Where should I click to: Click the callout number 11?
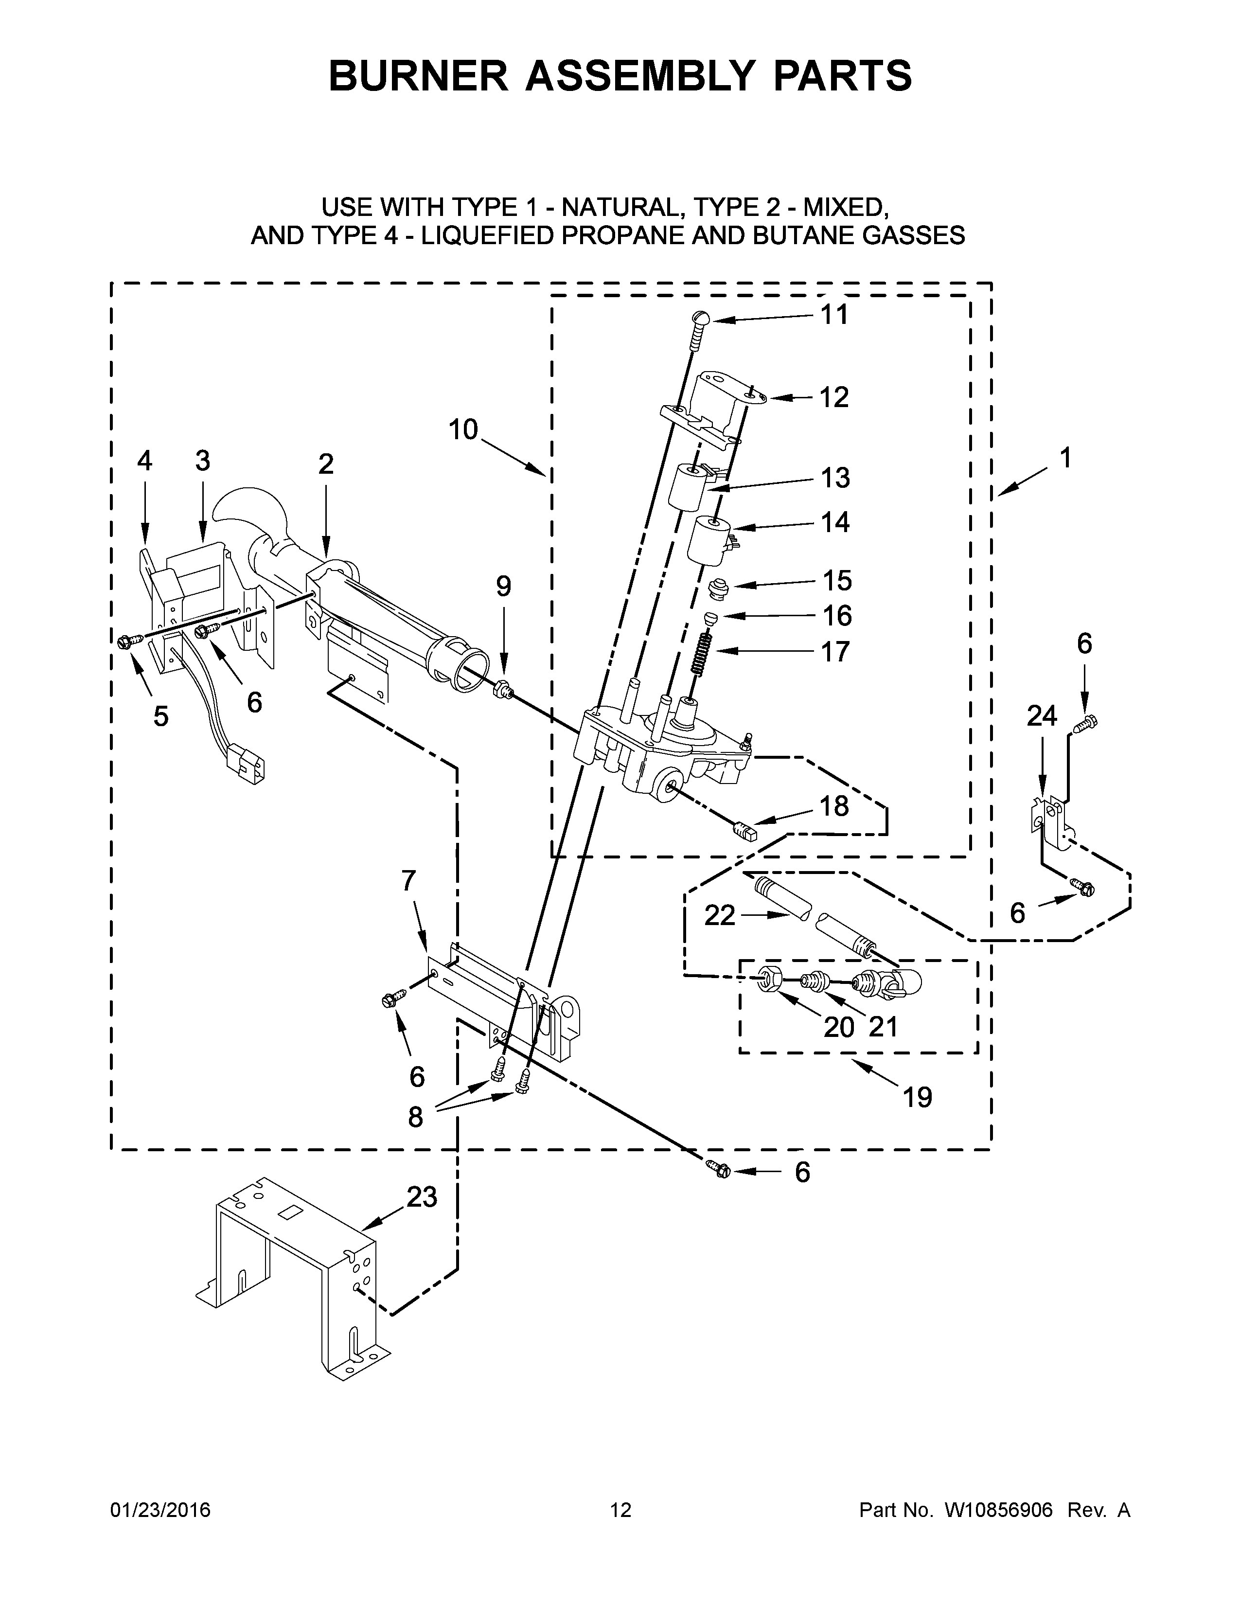(x=834, y=315)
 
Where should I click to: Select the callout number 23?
(x=422, y=1197)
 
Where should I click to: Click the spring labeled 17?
(x=703, y=650)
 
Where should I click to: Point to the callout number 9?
(x=503, y=587)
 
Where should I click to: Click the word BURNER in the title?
(x=418, y=76)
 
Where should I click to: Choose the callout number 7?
(x=408, y=880)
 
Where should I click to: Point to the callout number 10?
(x=463, y=429)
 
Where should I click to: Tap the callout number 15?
(x=837, y=581)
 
